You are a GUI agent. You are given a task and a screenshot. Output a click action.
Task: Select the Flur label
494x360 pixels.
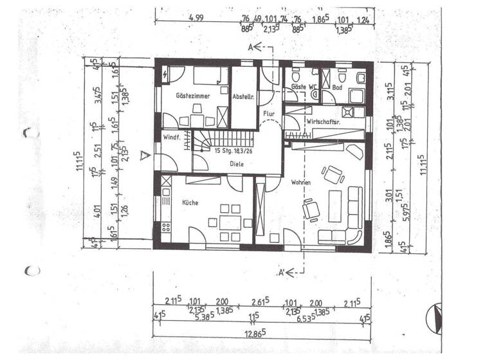[269, 114]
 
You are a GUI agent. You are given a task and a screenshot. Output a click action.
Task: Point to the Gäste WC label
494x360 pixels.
[302, 86]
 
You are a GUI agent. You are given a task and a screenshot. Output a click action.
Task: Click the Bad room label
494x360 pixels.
[337, 86]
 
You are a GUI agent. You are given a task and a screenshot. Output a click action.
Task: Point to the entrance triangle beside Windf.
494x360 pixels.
[147, 155]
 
